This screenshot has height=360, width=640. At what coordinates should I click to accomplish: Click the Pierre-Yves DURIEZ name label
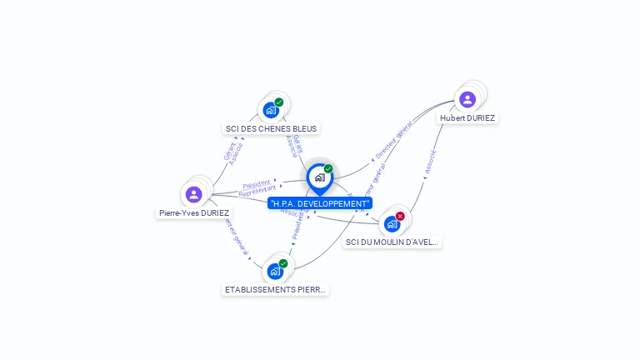[194, 212]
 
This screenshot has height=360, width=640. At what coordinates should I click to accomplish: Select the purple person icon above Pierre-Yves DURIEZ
[194, 194]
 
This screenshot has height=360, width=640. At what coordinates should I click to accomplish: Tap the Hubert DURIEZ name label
[467, 118]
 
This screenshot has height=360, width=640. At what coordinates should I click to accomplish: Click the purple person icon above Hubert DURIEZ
[467, 100]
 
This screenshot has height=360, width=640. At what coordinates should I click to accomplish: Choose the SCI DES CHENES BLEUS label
[272, 129]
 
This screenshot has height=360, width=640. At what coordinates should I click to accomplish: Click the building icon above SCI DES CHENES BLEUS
[271, 110]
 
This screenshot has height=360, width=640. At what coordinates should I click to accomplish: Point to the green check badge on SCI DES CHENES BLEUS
[279, 102]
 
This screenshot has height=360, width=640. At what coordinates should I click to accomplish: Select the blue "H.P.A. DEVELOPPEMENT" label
[320, 203]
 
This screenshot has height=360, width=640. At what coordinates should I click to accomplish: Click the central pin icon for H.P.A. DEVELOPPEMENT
[319, 177]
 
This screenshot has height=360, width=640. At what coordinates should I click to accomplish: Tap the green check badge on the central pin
[328, 169]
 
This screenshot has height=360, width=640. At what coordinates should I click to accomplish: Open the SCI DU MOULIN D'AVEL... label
[392, 242]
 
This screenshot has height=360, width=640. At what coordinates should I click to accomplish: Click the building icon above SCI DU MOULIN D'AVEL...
[392, 223]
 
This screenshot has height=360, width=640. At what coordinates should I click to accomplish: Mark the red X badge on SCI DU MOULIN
[400, 216]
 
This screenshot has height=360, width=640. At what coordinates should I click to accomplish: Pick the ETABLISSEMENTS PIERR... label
[276, 290]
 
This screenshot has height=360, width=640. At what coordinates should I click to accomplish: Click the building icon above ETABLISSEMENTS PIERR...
[275, 271]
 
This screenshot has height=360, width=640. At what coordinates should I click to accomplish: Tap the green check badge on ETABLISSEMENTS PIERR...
[283, 263]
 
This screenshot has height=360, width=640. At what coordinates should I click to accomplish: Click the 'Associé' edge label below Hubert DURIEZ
[430, 162]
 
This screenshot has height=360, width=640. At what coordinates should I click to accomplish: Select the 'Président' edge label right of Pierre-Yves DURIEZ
[257, 183]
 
